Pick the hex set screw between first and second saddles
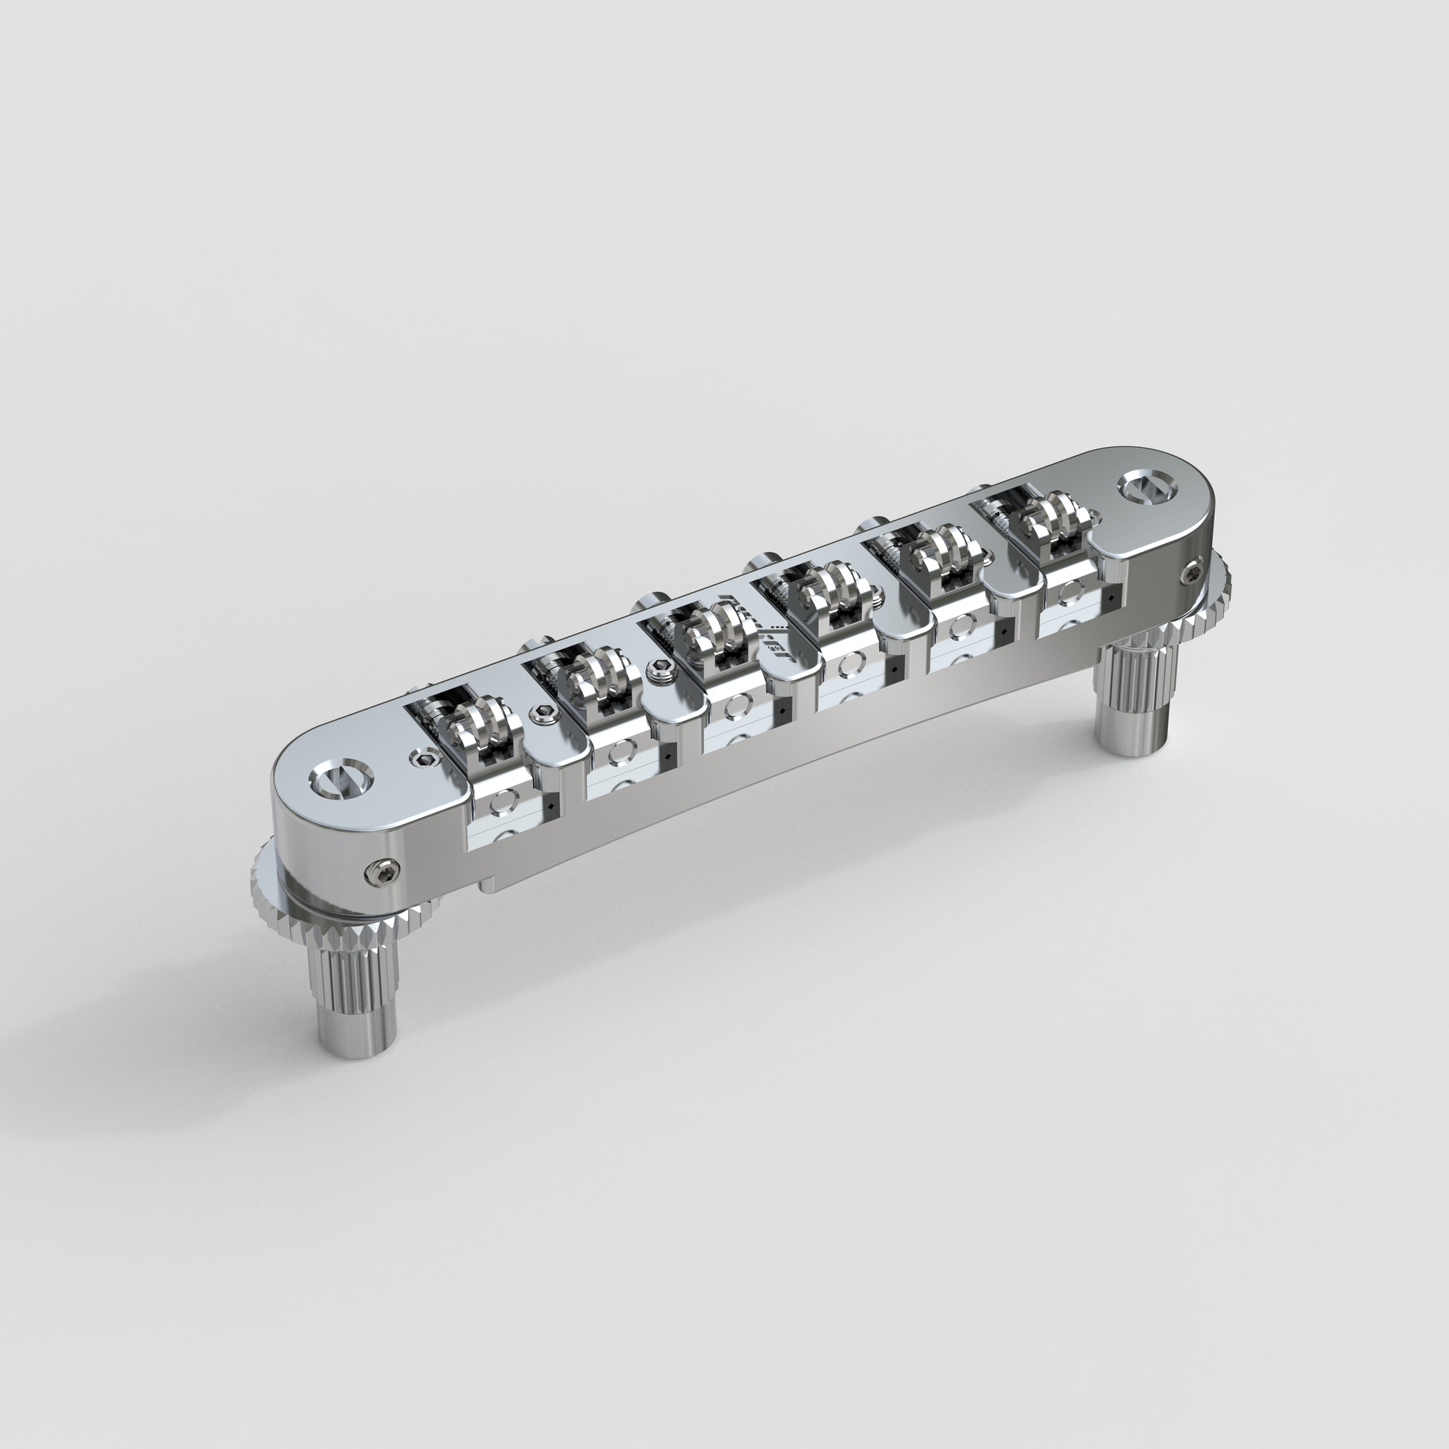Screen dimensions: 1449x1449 (x=543, y=714)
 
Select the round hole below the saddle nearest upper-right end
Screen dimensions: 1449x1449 (x=1065, y=596)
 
